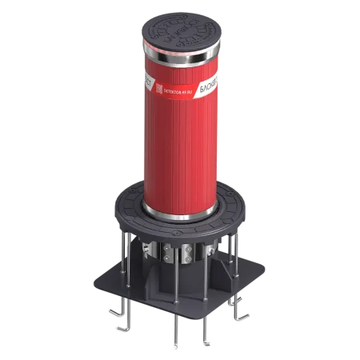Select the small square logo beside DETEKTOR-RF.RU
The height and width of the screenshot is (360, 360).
(x=158, y=89)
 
